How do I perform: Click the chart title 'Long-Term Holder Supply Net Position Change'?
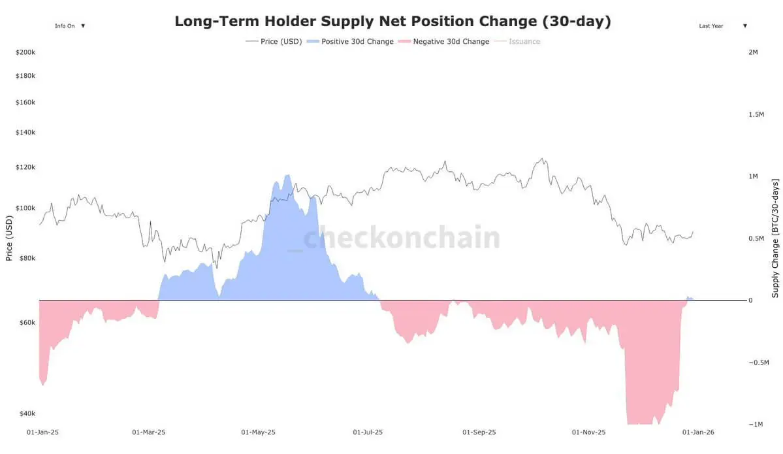click(392, 21)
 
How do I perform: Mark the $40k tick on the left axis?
click(26, 413)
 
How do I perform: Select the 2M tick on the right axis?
click(753, 52)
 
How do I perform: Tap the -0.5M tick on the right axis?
click(758, 363)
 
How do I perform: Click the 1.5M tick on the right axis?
click(756, 114)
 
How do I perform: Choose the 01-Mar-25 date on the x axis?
click(148, 432)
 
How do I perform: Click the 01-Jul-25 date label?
click(368, 432)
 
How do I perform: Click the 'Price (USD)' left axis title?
click(9, 239)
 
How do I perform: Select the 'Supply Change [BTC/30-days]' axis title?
click(775, 238)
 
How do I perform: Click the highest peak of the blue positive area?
click(287, 175)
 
